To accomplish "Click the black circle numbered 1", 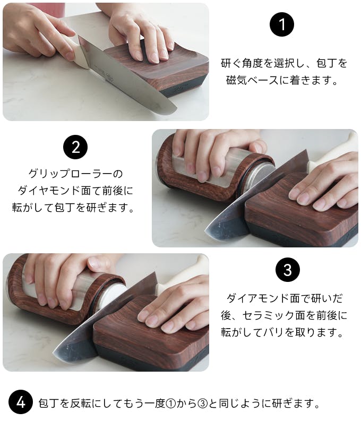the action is (282, 24).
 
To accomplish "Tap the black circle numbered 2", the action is (75, 147).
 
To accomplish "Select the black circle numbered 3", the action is (288, 270).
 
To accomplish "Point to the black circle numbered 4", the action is (21, 402).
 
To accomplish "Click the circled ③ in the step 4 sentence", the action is (203, 404).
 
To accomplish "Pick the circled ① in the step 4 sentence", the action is (170, 404).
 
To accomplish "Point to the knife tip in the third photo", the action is (53, 354).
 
